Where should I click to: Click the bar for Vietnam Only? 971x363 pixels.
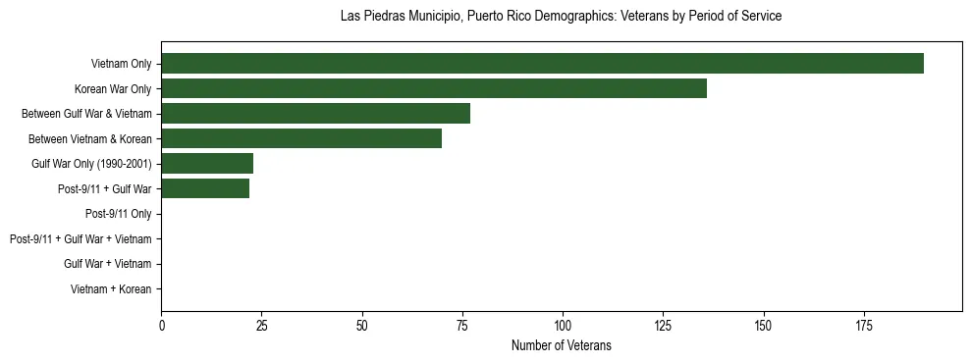point(542,64)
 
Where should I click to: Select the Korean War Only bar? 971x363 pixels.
point(434,88)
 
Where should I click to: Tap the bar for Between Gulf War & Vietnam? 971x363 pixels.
point(315,114)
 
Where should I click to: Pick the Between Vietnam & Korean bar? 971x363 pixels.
point(301,138)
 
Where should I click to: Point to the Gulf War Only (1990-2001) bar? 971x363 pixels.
point(207,164)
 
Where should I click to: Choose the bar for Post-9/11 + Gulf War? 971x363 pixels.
point(205,188)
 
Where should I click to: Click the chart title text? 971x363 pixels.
point(561,17)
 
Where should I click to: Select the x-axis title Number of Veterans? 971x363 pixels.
point(561,345)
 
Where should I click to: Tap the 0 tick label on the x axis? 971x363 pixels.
point(161,325)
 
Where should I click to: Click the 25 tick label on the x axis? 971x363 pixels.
point(261,325)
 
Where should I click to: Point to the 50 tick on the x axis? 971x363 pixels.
point(362,325)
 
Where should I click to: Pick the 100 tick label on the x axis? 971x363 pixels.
point(563,325)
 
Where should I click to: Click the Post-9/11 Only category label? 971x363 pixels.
point(118,214)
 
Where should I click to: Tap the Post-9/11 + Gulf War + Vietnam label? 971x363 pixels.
point(81,239)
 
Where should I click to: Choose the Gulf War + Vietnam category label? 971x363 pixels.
point(107,264)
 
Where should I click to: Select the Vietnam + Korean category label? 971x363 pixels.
point(111,289)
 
